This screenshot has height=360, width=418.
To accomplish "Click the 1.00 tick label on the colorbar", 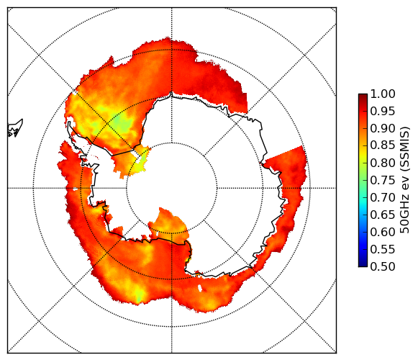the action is pos(383,94).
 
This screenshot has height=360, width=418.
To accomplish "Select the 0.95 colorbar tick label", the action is pos(383,112).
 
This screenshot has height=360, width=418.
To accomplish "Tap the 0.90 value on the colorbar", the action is pos(383,129).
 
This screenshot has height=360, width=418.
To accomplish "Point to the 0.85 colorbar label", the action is pos(383,145).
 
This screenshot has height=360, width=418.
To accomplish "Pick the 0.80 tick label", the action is pos(383,163).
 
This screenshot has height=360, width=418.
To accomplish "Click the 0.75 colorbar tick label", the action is pos(383,181).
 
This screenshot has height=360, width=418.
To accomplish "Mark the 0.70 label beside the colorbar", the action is pos(383,198).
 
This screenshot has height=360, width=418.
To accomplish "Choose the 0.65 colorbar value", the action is pos(383,215).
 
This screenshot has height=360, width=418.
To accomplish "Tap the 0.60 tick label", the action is pos(383,232).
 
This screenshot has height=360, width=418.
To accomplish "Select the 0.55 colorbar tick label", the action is pos(383,249).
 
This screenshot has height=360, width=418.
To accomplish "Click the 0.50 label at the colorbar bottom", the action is pos(383,266).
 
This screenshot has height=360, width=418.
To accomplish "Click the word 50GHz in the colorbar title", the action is pos(404,217).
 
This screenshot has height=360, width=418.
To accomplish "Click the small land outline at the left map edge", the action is pos(15,129).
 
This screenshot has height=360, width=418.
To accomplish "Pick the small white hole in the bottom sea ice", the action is pos(200,288).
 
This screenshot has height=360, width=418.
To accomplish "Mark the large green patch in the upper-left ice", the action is pos(122,122).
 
